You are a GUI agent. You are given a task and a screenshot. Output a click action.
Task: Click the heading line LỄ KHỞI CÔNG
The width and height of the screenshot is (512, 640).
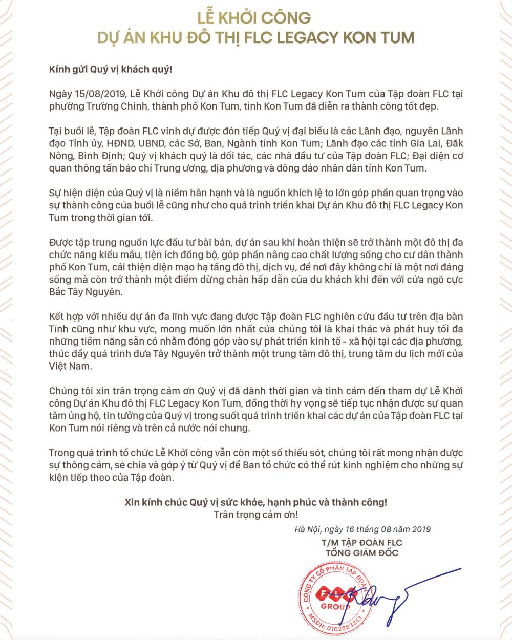pos(254,18)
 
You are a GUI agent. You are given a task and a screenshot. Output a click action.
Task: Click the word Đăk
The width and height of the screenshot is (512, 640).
pos(453,143)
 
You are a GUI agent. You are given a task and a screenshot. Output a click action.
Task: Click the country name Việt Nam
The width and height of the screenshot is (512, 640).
pos(70,366)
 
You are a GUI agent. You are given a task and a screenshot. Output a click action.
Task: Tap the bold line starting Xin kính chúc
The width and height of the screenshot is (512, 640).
pos(255,502)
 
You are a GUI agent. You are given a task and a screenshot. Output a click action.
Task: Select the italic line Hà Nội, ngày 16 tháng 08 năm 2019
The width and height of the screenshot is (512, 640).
pos(362,529)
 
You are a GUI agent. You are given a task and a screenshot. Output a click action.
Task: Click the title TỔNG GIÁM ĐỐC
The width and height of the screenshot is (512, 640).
pos(362,553)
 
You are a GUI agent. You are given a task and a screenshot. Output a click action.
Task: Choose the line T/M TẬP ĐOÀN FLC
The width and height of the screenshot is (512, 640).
pos(362,542)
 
